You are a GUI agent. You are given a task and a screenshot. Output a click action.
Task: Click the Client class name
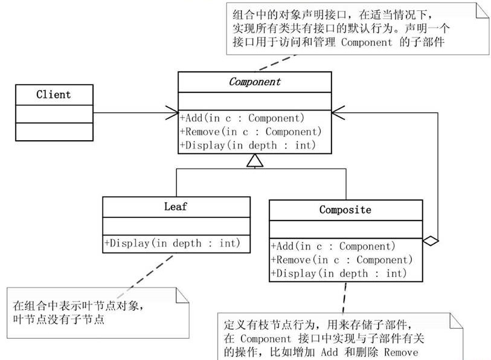pos(54,94)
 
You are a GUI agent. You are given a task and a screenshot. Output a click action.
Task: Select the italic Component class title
pos(255,82)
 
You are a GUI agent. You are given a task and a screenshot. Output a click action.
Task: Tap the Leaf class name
pos(175,207)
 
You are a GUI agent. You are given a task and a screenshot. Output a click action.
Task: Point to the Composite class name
pos(345,210)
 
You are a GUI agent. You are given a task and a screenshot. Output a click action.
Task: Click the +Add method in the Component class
pos(242,118)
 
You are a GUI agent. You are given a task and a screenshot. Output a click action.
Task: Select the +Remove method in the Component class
pos(251,132)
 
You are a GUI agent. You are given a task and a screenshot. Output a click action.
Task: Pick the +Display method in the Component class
pos(248,146)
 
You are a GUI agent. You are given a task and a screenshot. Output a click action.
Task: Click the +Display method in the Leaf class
pos(172,243)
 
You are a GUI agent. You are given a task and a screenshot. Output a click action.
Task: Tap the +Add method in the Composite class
pos(333,246)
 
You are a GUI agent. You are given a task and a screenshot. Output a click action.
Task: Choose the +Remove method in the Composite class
pos(342,260)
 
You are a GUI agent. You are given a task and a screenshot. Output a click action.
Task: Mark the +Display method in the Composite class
pos(339,274)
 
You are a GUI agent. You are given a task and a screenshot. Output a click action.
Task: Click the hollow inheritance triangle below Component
pos(255,161)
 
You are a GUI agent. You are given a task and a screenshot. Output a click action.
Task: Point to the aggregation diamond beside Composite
pos(431,240)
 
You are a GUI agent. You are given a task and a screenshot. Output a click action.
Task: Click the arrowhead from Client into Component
pos(173,113)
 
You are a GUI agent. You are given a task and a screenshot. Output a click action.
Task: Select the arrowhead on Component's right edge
pos(338,113)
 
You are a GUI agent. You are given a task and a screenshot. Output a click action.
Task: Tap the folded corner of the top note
pos(482,11)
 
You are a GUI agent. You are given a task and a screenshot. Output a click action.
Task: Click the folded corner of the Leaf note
pos(182,295)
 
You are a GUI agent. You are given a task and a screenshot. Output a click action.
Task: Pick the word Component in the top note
pos(367,42)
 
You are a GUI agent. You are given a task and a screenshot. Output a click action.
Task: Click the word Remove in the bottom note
pos(401,352)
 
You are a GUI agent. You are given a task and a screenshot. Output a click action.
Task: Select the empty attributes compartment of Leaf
pos(176,226)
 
